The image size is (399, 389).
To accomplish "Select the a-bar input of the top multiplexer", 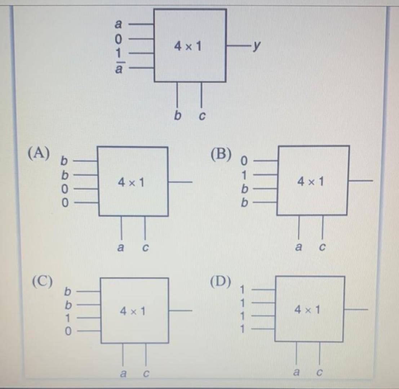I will coord(118,67).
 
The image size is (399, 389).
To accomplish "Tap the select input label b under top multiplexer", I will coord(177,115).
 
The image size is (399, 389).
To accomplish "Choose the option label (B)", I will coord(221,153).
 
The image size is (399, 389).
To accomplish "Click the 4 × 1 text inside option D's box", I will coord(307,309).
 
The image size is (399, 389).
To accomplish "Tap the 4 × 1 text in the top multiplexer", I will coord(188,46).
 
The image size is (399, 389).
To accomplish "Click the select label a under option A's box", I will coord(120,247).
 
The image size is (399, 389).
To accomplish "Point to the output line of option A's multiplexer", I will coord(180,182).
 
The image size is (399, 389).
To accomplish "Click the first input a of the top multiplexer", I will coord(118,24).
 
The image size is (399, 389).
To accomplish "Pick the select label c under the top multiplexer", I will coord(202,116).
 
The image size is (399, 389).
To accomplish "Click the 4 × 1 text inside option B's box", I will coord(311,182).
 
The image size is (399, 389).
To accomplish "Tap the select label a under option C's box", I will coord(123,374).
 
